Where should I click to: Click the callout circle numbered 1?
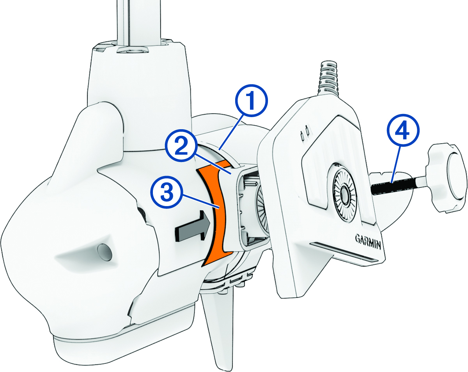coord(251,101)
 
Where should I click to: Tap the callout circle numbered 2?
coord(181,146)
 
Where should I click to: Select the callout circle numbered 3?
coord(167,192)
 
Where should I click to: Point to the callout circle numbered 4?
coord(403,131)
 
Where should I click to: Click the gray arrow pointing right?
coord(193,226)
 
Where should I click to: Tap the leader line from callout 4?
coord(395,164)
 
